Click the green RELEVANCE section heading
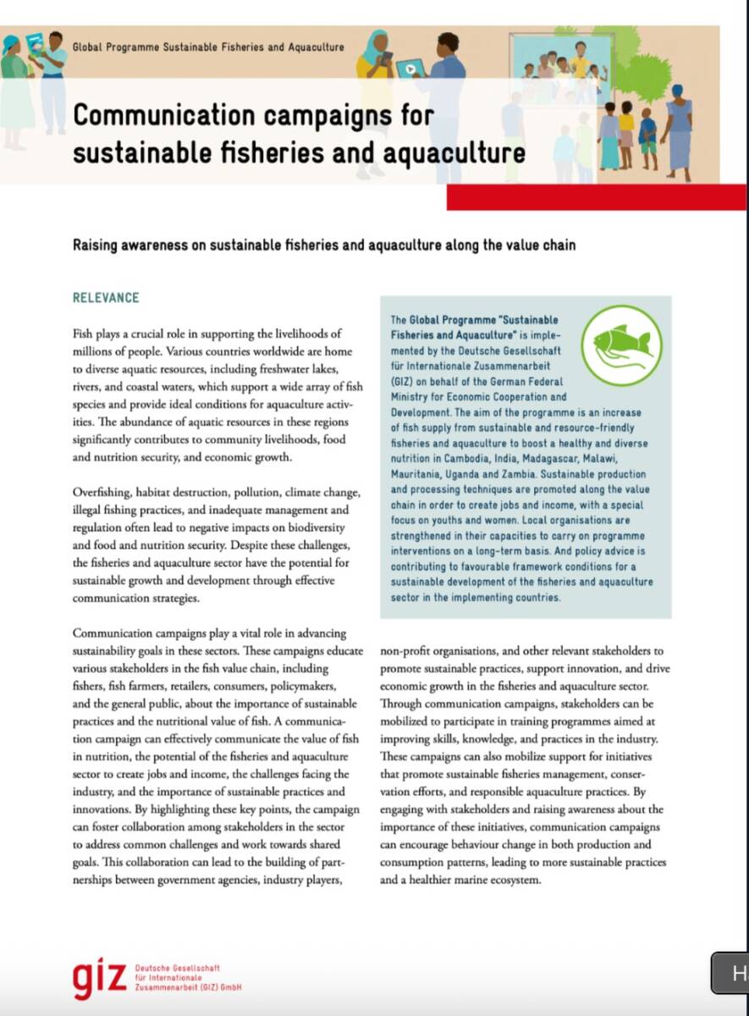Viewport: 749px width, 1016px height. point(106,298)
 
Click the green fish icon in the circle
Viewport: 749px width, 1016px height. point(623,345)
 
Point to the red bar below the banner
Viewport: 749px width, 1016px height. point(596,197)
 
